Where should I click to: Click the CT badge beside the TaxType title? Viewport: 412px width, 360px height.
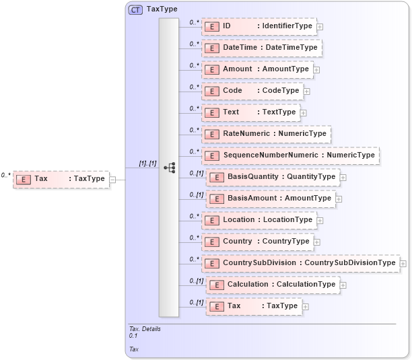(x=135, y=10)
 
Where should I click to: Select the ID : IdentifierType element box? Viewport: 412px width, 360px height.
(x=259, y=26)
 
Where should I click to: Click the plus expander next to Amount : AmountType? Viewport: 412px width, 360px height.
(x=316, y=69)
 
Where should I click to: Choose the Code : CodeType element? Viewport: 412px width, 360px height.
(x=252, y=91)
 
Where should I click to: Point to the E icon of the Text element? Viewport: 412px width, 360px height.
(x=213, y=112)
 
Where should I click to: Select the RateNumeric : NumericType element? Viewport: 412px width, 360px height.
(x=266, y=134)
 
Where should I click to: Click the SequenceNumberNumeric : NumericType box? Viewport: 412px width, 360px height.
(x=290, y=155)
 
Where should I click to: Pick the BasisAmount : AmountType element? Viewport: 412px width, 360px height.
(x=271, y=199)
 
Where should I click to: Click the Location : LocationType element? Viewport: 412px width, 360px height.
(x=259, y=220)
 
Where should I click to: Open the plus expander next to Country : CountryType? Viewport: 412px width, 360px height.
(x=317, y=242)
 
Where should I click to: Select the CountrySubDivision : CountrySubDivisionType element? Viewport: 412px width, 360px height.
(x=300, y=263)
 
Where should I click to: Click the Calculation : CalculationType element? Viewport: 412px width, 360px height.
(x=273, y=285)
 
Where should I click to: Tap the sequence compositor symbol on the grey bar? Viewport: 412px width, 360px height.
(x=170, y=168)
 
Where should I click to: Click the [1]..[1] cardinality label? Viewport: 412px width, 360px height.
(x=147, y=164)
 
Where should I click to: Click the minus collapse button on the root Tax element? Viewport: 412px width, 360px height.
(x=112, y=179)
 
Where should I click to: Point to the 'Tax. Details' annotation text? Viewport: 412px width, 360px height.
(x=145, y=329)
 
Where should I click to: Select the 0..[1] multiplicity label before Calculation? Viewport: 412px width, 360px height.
(x=196, y=281)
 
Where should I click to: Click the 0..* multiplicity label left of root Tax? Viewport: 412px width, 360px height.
(x=5, y=175)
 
